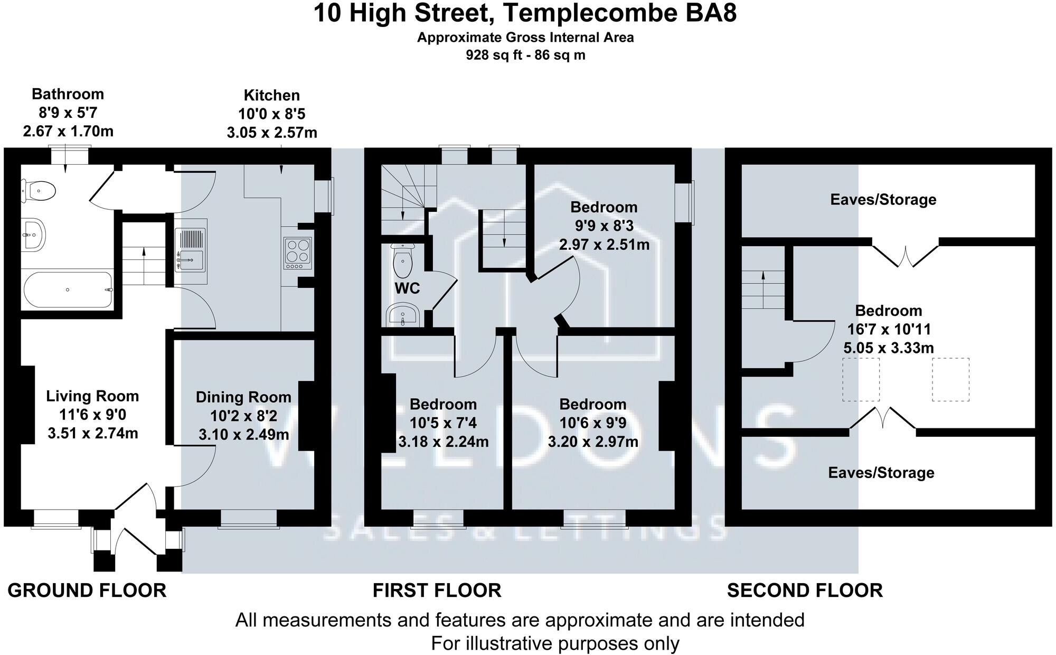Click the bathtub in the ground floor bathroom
click(68, 289)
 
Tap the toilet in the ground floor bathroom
click(39, 191)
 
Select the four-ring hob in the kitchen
click(298, 253)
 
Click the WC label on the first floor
click(407, 288)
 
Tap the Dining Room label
click(243, 397)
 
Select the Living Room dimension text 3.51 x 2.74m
click(93, 434)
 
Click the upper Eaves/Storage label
click(883, 200)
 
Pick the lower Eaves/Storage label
click(881, 473)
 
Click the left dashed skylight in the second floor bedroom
click(861, 379)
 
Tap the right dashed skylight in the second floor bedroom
click(950, 379)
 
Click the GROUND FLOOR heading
click(87, 590)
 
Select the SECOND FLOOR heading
click(805, 590)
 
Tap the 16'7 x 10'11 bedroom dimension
click(889, 330)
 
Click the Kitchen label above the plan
click(272, 96)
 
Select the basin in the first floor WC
click(403, 315)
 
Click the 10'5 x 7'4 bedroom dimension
click(443, 423)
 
